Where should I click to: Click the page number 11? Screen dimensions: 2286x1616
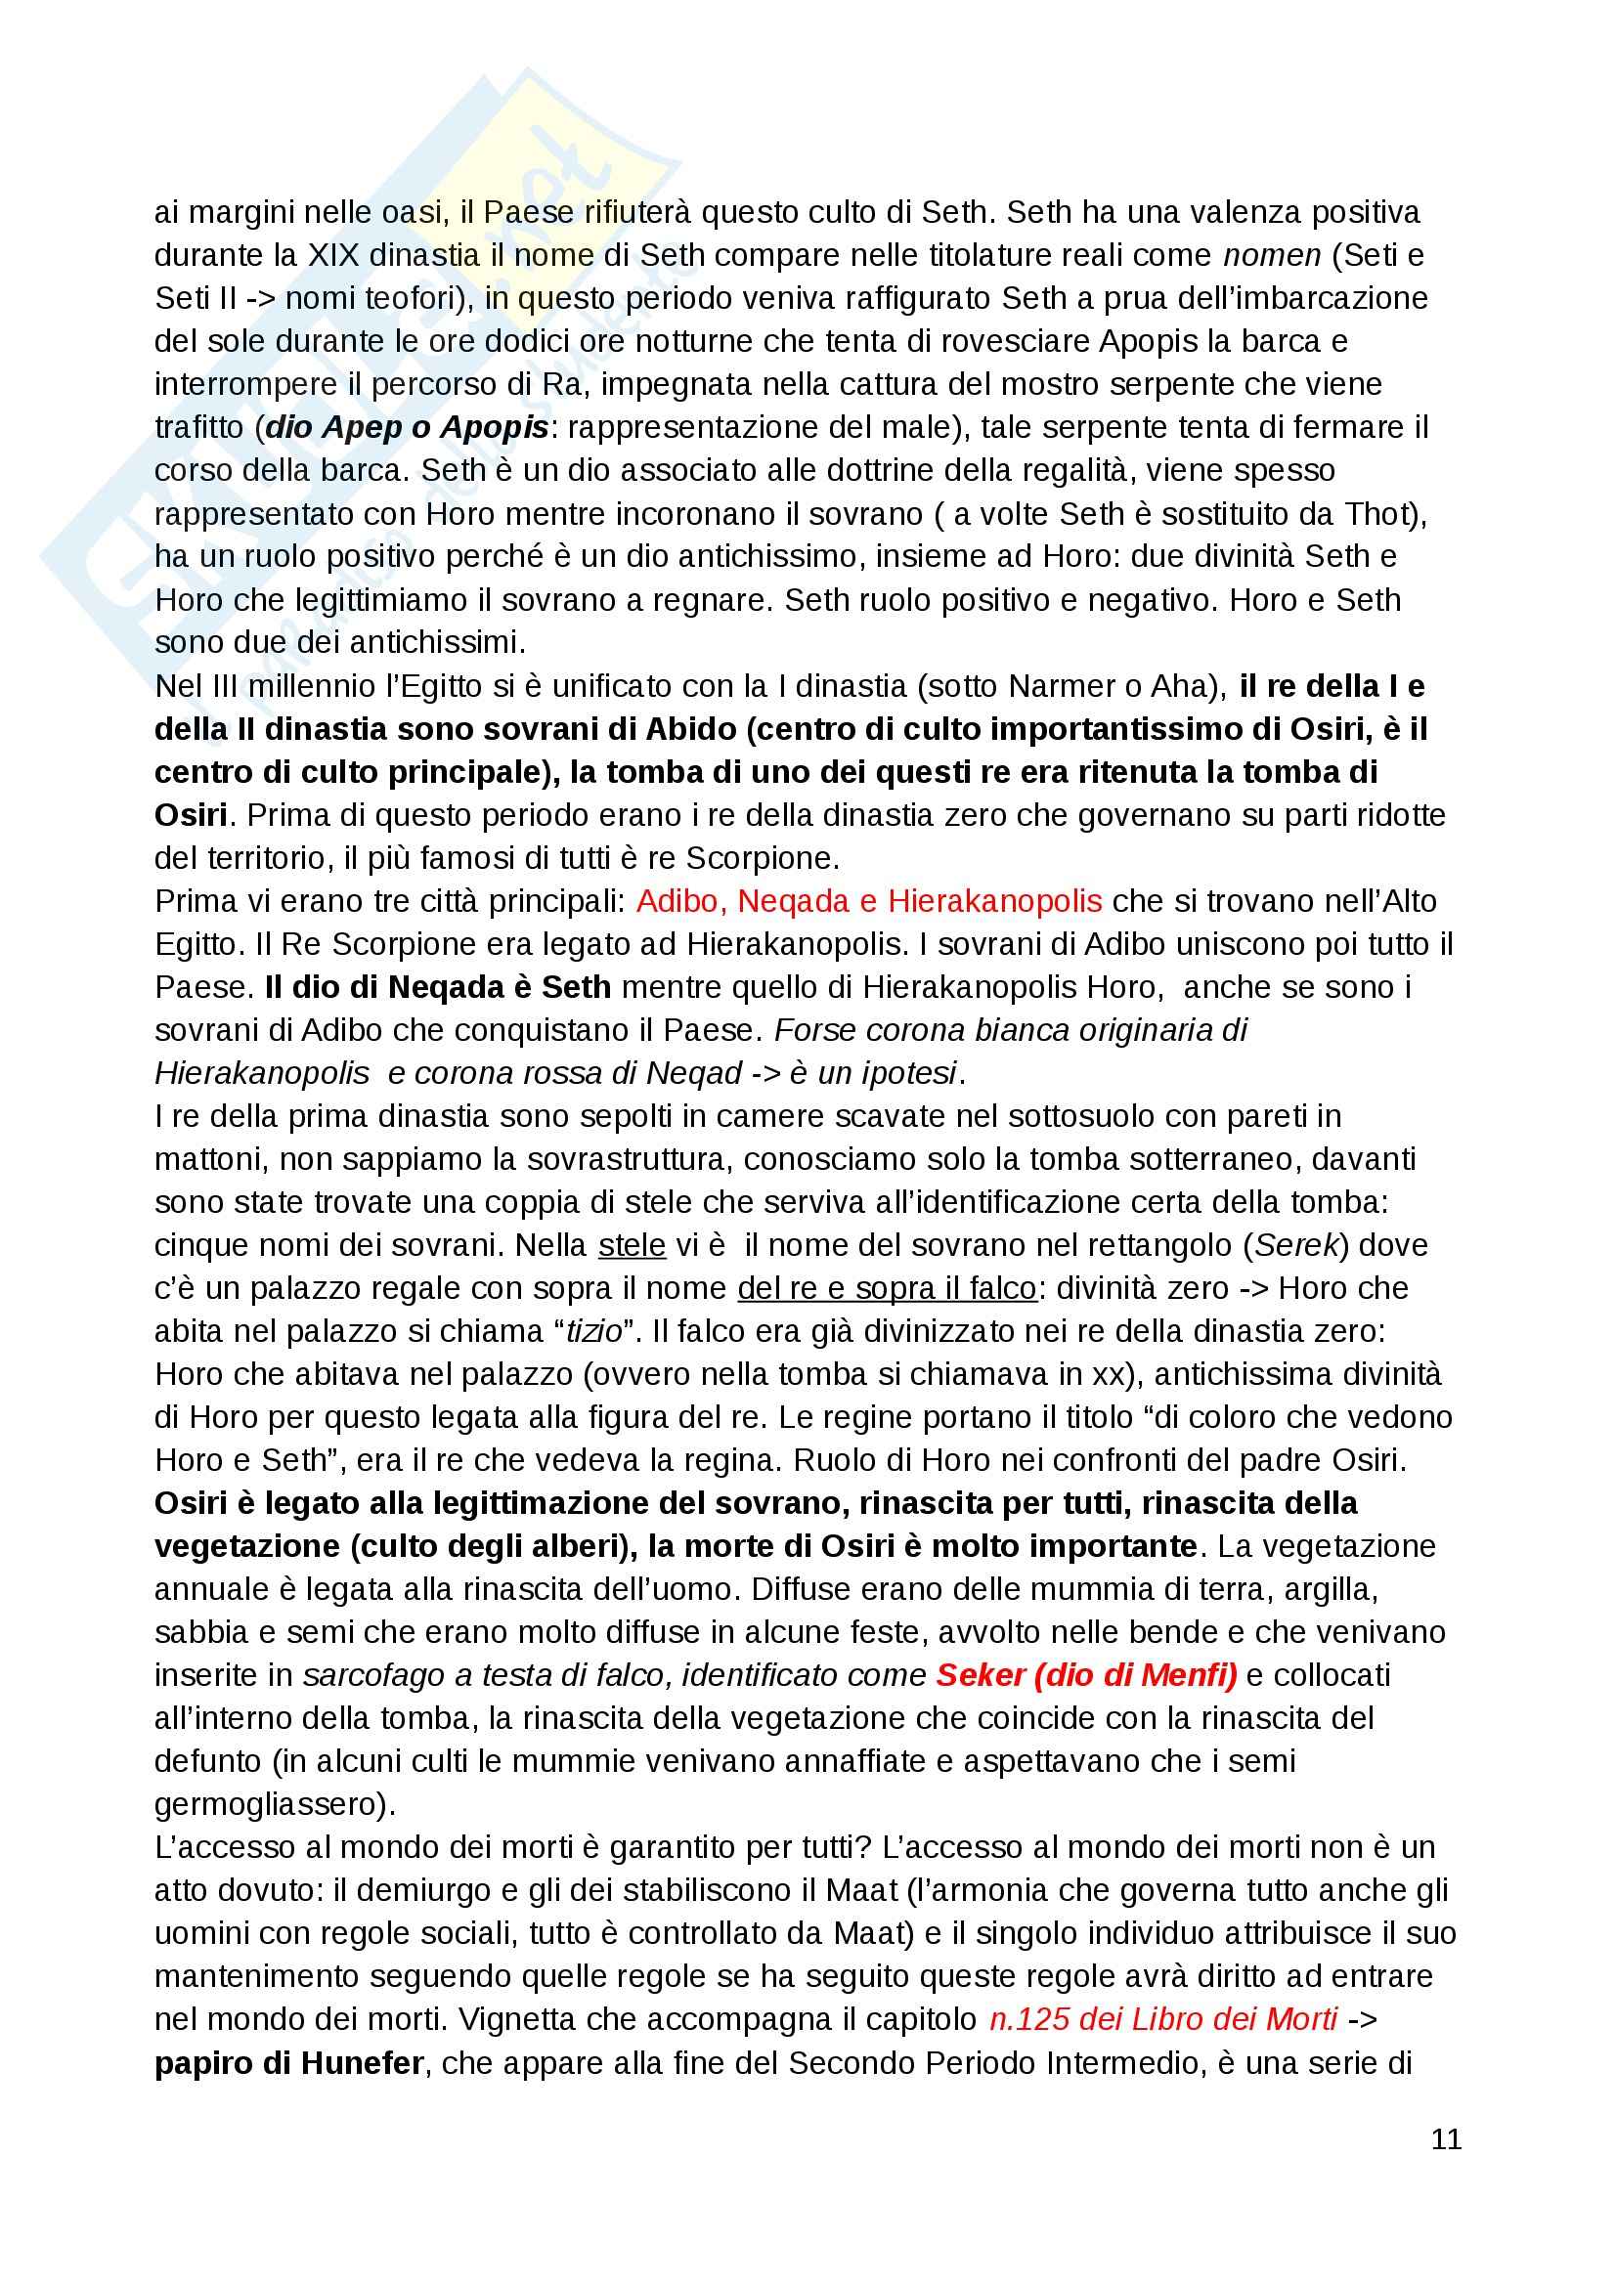coord(1446,2138)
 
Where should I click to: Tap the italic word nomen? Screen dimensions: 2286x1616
coord(1272,256)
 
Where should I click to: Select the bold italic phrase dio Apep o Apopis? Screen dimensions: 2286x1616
coord(408,427)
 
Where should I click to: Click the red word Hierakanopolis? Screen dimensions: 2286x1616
coord(994,901)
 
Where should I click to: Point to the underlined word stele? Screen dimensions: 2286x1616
coord(632,1245)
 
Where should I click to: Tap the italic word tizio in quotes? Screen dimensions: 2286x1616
coord(594,1331)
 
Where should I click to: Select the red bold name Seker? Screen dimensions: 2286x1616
coord(981,1676)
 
